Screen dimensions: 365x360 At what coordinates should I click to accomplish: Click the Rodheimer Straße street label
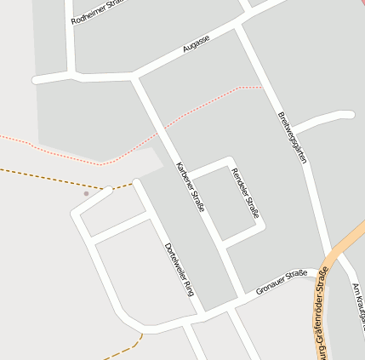[99, 12]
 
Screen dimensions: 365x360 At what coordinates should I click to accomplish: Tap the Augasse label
[196, 44]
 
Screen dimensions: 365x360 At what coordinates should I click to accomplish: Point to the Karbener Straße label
[190, 186]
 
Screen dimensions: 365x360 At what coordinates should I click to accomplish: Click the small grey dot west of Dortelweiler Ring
[86, 193]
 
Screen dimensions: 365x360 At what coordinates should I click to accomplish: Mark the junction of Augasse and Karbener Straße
[134, 78]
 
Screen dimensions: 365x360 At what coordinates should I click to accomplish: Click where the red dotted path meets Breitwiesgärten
[262, 87]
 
